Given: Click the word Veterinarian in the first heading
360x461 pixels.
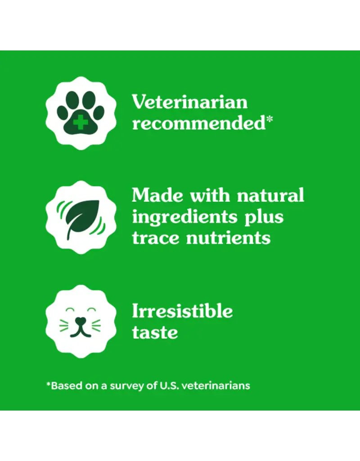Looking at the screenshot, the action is pyautogui.click(x=189, y=102).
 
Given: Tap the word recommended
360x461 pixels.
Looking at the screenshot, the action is pyautogui.click(x=199, y=123).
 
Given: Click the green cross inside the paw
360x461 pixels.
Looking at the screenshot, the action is pyautogui.click(x=81, y=122).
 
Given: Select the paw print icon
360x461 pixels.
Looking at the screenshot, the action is pyautogui.click(x=81, y=113).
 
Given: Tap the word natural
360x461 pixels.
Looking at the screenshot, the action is pyautogui.click(x=270, y=195).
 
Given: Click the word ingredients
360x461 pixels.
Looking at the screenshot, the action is pyautogui.click(x=184, y=217).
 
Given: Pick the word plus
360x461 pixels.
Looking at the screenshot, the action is pyautogui.click(x=264, y=217).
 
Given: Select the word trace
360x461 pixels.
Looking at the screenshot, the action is pyautogui.click(x=155, y=238).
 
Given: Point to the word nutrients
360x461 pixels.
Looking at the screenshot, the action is pyautogui.click(x=228, y=238).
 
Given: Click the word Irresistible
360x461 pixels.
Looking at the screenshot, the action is pyautogui.click(x=182, y=311).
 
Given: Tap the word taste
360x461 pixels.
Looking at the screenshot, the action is pyautogui.click(x=155, y=333).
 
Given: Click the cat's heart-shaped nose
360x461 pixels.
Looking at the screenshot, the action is pyautogui.click(x=81, y=321).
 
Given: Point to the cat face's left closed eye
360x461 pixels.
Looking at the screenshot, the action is pyautogui.click(x=70, y=310).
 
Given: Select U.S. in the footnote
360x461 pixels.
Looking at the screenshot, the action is pyautogui.click(x=169, y=385).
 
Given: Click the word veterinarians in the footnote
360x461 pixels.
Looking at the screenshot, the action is pyautogui.click(x=216, y=385).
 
